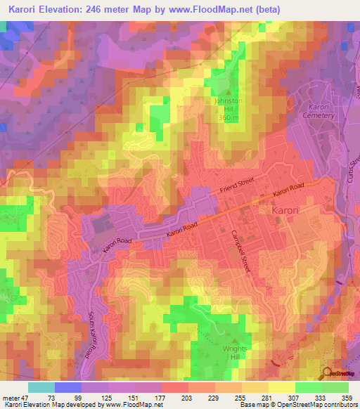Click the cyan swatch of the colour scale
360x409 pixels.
41,387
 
